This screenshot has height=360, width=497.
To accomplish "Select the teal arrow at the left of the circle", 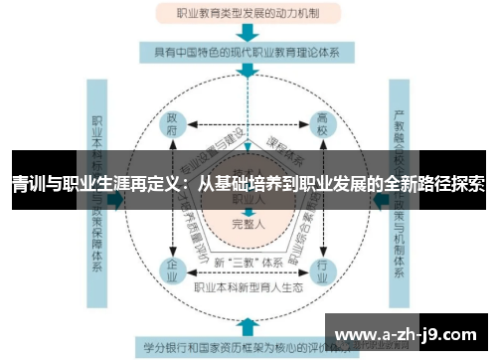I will pos(117,198).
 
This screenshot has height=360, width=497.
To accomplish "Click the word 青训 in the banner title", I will pos(28,185).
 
